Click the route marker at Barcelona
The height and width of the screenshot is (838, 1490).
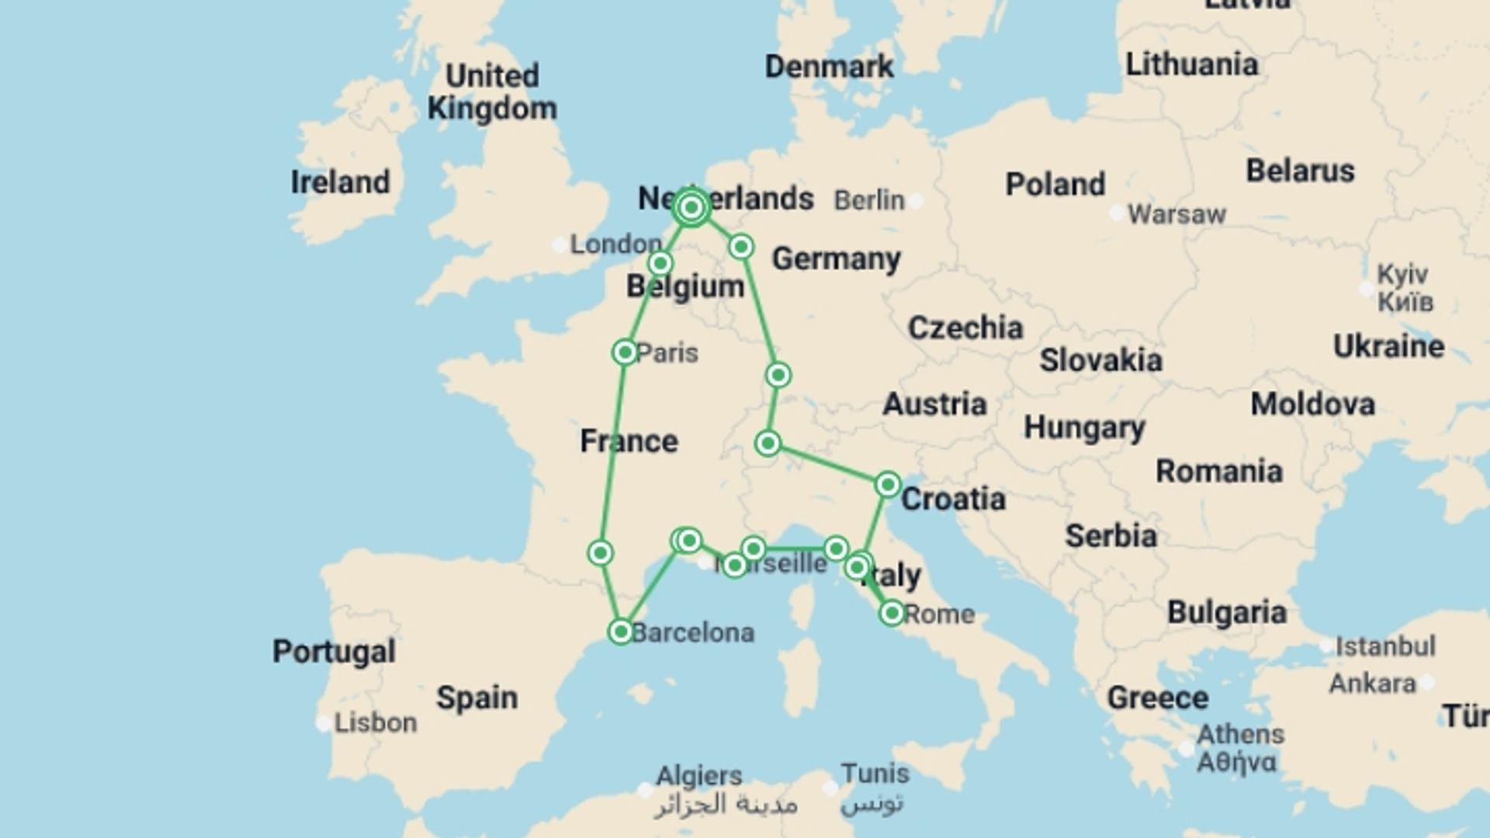[621, 632]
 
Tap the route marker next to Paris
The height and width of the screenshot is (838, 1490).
[625, 352]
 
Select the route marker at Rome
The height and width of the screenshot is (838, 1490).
[892, 614]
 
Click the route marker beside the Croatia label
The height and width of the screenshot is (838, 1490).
[888, 485]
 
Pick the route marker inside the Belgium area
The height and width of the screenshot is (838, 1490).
[660, 263]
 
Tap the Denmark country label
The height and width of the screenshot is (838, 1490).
[829, 67]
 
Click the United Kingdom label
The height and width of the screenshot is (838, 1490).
[492, 92]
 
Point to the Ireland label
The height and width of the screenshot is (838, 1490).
[340, 182]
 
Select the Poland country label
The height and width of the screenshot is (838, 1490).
[1055, 185]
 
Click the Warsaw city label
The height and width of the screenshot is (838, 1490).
[1176, 214]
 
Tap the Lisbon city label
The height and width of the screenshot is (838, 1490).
[376, 723]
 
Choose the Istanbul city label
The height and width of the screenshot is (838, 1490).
[1385, 646]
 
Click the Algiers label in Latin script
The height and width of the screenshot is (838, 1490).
[699, 775]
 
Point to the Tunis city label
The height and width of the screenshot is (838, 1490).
[875, 774]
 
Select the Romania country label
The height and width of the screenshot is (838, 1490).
[1218, 471]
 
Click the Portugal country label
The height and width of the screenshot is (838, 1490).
[334, 651]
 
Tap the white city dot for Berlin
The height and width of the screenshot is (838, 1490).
[917, 201]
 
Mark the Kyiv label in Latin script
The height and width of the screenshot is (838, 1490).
[1402, 274]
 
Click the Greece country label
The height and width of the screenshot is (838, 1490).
[1157, 698]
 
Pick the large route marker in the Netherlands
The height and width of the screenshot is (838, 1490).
[691, 207]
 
